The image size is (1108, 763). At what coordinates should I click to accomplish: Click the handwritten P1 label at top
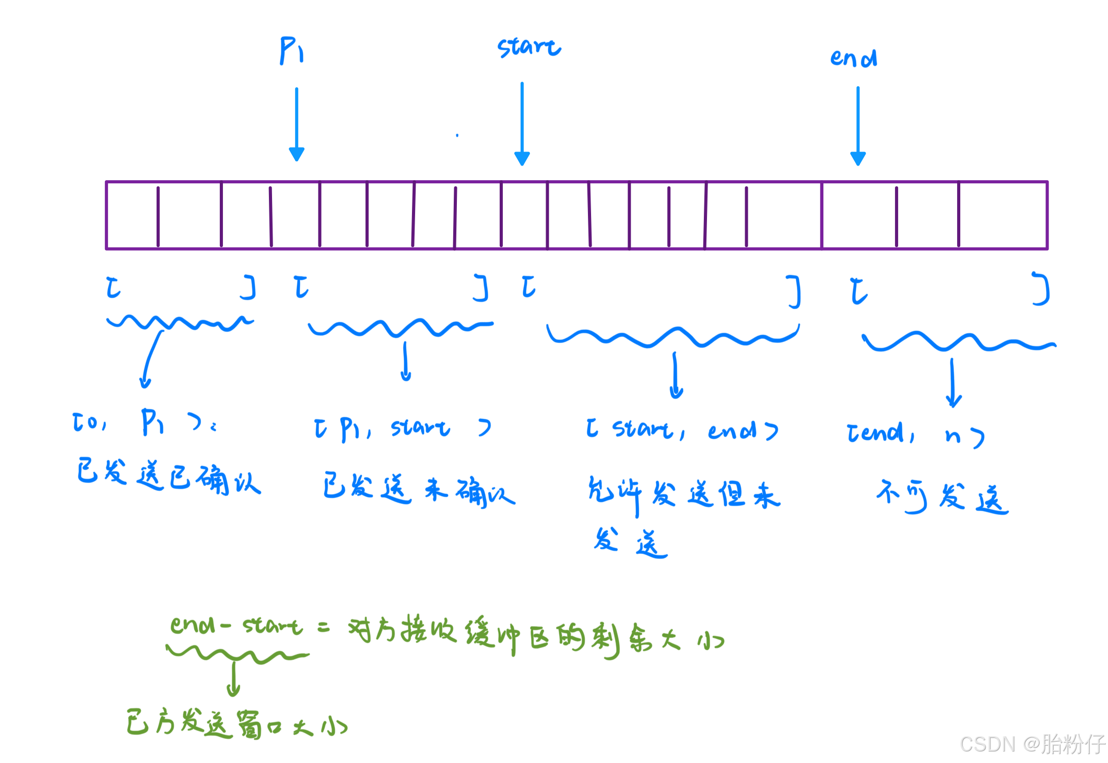pyautogui.click(x=291, y=51)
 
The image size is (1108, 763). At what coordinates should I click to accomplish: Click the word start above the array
pyautogui.click(x=528, y=47)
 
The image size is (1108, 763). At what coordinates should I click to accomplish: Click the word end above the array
pyautogui.click(x=854, y=58)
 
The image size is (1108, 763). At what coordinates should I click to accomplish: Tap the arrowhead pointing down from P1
pyautogui.click(x=297, y=154)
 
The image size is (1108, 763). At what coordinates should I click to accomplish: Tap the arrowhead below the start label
pyautogui.click(x=522, y=158)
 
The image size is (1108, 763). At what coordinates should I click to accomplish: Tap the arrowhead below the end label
pyautogui.click(x=858, y=158)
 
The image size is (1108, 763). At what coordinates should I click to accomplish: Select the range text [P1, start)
pyautogui.click(x=402, y=429)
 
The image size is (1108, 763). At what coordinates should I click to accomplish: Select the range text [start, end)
pyautogui.click(x=681, y=430)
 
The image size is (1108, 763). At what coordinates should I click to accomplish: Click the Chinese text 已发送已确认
pyautogui.click(x=168, y=476)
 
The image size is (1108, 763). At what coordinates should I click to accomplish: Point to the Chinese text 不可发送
pyautogui.click(x=942, y=496)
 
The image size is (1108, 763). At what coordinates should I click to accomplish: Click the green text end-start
pyautogui.click(x=236, y=625)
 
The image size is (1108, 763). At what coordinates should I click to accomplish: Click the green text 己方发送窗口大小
pyautogui.click(x=236, y=723)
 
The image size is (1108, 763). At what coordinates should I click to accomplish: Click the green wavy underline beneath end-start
pyautogui.click(x=238, y=654)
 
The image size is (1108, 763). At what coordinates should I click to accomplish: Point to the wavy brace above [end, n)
pyautogui.click(x=958, y=342)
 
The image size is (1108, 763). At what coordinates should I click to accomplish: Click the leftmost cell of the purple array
pyautogui.click(x=132, y=215)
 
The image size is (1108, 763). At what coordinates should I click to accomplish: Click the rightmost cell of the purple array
pyautogui.click(x=1003, y=215)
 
